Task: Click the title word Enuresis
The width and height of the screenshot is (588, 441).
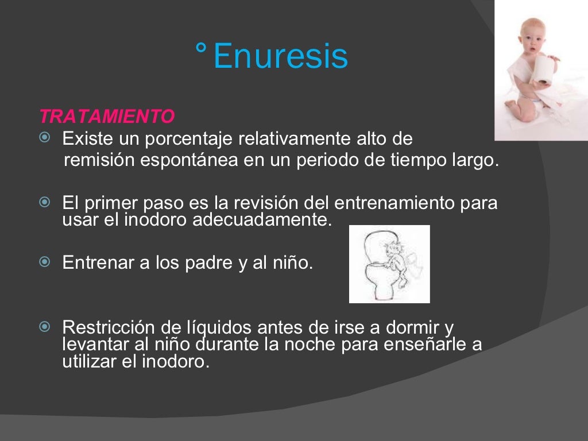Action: (281, 56)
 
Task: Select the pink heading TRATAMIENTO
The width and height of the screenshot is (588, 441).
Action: (107, 117)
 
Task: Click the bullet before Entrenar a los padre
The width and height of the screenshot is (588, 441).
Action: (45, 262)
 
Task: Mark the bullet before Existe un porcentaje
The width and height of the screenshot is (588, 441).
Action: (45, 138)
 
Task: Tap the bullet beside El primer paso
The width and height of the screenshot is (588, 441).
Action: (45, 203)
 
